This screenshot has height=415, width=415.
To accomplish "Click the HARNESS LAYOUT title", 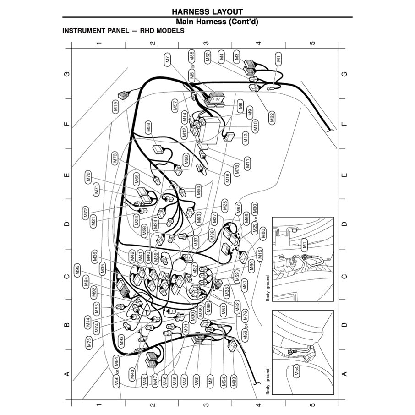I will [207, 11].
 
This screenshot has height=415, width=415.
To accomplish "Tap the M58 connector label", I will [148, 128].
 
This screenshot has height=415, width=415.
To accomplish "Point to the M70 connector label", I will [88, 177].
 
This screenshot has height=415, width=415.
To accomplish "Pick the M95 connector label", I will [77, 271].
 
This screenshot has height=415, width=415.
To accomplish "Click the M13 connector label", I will [246, 138].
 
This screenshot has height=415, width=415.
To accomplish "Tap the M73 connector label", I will [115, 158].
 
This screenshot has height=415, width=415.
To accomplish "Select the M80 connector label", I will [263, 234].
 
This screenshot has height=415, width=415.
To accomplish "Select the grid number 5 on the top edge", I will [312, 43].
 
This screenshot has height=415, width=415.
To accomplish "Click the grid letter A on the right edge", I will [344, 374].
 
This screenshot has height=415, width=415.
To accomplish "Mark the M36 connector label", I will [95, 257].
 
